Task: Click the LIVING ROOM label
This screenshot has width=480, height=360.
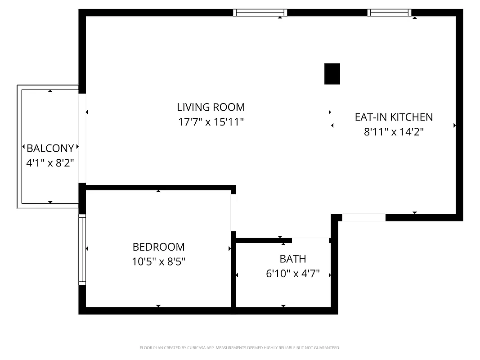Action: [x=211, y=107]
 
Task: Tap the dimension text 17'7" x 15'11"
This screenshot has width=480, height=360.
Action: [x=211, y=122]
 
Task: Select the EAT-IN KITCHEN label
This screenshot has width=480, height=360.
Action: [x=394, y=117]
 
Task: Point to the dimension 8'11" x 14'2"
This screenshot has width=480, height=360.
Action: [x=394, y=132]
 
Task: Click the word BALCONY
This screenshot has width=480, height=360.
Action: [x=50, y=148]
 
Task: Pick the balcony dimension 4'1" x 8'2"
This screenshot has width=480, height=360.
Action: [x=50, y=162]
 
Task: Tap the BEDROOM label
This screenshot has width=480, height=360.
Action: [x=158, y=247]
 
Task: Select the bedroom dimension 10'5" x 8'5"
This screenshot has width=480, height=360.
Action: [x=158, y=261]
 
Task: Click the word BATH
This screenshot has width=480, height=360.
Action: [x=292, y=259]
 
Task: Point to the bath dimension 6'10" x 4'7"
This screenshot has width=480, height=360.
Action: [x=292, y=273]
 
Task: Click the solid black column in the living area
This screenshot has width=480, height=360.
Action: [x=332, y=74]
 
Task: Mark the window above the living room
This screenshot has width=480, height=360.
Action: [x=260, y=13]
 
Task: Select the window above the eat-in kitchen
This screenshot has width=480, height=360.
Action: [x=390, y=13]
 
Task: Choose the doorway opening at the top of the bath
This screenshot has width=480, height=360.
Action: [x=310, y=240]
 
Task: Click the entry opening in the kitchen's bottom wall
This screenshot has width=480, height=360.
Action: [x=363, y=217]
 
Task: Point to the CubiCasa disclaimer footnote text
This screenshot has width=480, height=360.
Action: [x=240, y=348]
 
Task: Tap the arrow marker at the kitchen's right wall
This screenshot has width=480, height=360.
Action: [x=455, y=126]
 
